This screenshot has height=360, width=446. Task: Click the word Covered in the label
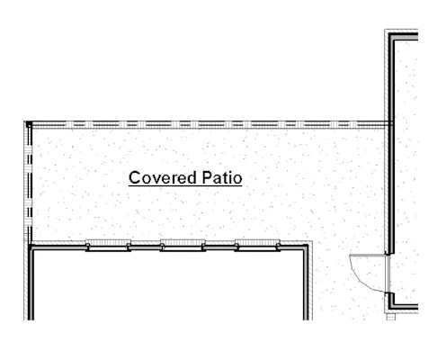click(163, 177)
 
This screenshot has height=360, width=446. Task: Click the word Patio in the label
click(222, 177)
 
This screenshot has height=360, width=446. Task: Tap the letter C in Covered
click(135, 177)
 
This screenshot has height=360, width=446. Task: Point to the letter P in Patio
click(208, 177)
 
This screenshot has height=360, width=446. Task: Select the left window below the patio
click(108, 246)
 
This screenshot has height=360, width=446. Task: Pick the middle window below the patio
click(183, 246)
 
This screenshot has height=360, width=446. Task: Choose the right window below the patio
click(257, 246)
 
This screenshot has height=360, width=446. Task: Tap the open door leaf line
click(368, 256)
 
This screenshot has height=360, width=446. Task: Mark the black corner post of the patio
click(29, 124)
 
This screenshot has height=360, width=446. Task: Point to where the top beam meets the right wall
click(390, 124)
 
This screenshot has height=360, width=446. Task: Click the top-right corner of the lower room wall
click(306, 247)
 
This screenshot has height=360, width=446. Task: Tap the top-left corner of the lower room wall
click(31, 247)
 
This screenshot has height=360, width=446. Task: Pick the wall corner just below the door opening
click(391, 307)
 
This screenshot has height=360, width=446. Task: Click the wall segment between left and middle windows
click(146, 247)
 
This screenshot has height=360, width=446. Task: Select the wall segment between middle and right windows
click(220, 247)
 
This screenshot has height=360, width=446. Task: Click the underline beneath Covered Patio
click(185, 186)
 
